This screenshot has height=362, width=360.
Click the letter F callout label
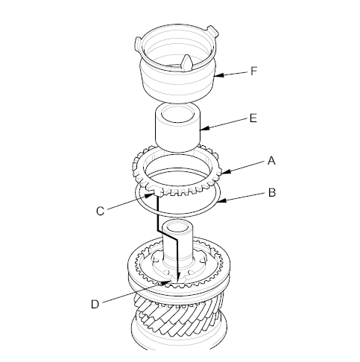pos(253,71)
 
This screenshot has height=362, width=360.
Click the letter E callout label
pos(253,118)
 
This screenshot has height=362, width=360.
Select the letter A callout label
pos(271,161)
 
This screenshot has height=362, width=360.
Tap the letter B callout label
pos(272,193)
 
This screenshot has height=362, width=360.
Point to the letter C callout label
pos(100,212)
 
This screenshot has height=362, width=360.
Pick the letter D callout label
pos(95,304)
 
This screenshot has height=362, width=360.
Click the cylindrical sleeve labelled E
pos(177,128)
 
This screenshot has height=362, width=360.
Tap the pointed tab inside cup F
pos(187,63)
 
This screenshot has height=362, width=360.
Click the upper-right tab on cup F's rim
pos(212,31)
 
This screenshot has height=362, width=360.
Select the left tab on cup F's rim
pos(138,44)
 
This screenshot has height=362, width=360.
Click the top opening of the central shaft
pos(177,226)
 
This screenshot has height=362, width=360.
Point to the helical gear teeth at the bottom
pos(177,314)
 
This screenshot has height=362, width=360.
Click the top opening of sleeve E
pos(178,114)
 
